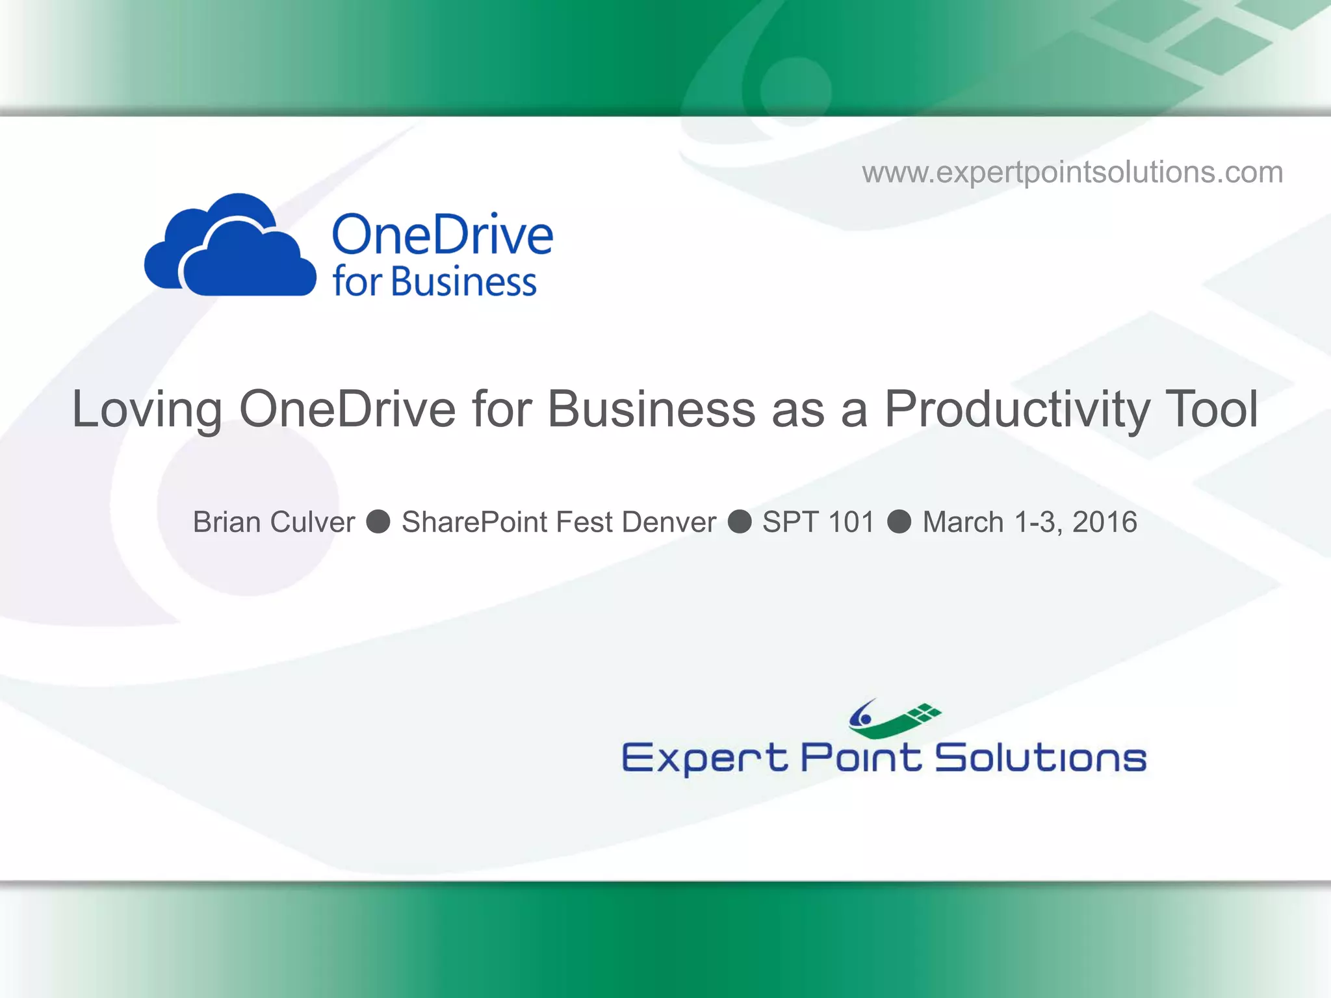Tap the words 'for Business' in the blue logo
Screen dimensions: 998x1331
click(434, 282)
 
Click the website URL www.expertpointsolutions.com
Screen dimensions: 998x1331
click(1072, 172)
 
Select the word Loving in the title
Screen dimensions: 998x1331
click(147, 409)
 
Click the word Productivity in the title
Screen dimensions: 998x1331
click(1016, 409)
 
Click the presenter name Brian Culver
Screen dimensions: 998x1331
click(274, 522)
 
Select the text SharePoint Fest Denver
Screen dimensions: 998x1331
click(558, 522)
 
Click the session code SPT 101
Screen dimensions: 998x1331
click(818, 522)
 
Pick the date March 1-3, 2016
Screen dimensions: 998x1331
click(1029, 522)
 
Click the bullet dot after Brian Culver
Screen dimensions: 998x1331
click(378, 521)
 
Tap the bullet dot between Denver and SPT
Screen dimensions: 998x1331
click(740, 521)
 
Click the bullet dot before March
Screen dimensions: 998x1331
click(899, 521)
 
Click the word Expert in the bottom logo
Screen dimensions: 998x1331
click(704, 758)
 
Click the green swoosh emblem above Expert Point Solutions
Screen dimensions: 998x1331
click(894, 719)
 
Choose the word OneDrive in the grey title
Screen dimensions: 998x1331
click(347, 409)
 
